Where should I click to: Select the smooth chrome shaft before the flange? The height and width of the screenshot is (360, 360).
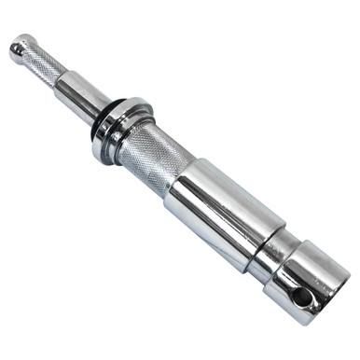pos(82,92)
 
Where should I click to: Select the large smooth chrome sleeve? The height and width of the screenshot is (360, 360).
pos(215,211)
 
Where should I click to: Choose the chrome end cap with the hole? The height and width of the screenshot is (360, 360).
pos(303,280)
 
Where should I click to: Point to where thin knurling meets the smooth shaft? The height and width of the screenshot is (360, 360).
pos(63,78)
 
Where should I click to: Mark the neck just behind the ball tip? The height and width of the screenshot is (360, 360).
pos(31,54)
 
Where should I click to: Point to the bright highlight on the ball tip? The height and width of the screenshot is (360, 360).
pos(18,43)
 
